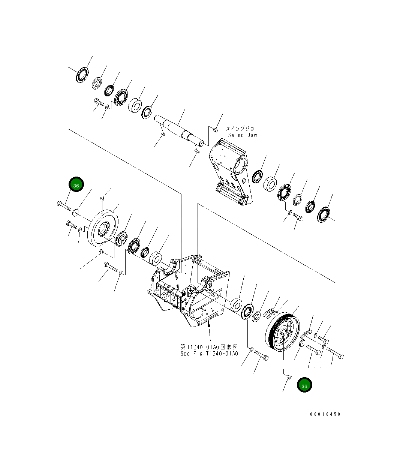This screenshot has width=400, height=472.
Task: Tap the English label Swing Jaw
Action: coord(242,135)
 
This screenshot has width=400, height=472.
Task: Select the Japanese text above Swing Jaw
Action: coord(242,128)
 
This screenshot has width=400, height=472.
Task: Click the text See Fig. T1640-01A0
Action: coord(209,354)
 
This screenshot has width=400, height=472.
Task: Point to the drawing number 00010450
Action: coord(325,414)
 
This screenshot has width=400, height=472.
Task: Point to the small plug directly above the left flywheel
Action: coord(102,199)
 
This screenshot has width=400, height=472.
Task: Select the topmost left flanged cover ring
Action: coord(81,75)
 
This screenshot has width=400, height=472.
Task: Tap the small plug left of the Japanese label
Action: coord(215,129)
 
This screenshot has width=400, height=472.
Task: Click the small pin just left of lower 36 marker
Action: coord(288,376)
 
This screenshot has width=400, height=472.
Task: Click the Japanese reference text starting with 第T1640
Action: coord(209,347)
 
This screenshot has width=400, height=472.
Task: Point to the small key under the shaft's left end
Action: coord(162,134)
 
